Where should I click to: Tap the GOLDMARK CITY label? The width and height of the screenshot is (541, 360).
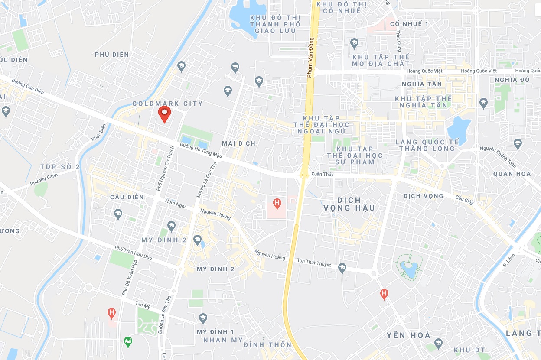pyautogui.click(x=167, y=104)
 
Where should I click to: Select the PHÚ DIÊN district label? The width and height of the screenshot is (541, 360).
pyautogui.click(x=112, y=55)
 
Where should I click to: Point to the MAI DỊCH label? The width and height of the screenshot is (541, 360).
pyautogui.click(x=238, y=143)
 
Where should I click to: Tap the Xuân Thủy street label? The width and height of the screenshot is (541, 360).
pyautogui.click(x=322, y=175)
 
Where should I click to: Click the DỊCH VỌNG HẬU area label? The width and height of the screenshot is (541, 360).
pyautogui.click(x=349, y=204)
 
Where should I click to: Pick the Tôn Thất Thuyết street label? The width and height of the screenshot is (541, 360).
pyautogui.click(x=314, y=263)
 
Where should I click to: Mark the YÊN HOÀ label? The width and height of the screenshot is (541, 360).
pyautogui.click(x=409, y=335)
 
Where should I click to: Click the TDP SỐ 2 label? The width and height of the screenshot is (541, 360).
pyautogui.click(x=60, y=167)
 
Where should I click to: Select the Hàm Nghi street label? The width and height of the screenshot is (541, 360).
pyautogui.click(x=175, y=203)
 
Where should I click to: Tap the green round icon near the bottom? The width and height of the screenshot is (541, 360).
pyautogui.click(x=127, y=342)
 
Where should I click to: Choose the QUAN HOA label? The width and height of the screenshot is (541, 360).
pyautogui.click(x=512, y=174)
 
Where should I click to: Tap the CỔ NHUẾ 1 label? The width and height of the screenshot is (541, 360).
pyautogui.click(x=409, y=24)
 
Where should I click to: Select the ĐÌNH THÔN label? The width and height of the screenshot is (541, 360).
pyautogui.click(x=267, y=345)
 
